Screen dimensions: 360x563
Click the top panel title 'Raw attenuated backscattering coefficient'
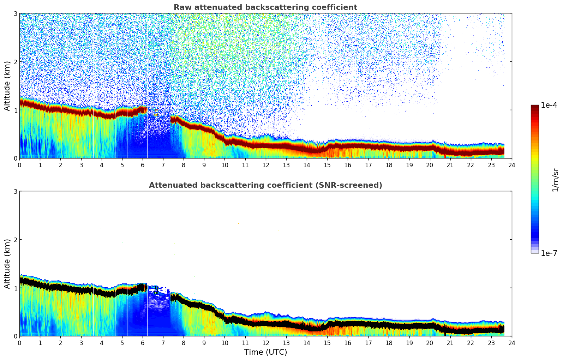pos(265,7)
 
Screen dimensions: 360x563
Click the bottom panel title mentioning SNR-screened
pos(265,185)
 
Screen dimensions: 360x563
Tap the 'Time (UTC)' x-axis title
pos(265,352)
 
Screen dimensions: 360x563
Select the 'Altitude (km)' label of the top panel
pos(7,86)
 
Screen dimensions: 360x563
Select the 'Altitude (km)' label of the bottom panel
pos(7,264)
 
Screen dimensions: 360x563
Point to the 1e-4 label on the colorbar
pos(549,105)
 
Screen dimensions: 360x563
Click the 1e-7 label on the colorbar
pos(549,253)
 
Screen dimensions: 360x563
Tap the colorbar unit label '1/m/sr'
pos(555,180)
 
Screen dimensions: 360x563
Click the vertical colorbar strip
pos(535,179)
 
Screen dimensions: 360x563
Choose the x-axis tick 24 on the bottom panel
pos(512,343)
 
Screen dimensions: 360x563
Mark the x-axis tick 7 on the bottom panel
pos(163,343)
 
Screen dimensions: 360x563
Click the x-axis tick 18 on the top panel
pos(389,165)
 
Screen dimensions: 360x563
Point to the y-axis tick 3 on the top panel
pos(15,13)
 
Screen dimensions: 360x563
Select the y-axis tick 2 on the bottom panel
pos(15,240)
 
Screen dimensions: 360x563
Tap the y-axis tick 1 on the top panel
pos(15,110)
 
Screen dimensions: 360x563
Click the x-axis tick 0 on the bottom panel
pos(19,343)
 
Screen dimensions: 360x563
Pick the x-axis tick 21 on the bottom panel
pos(450,343)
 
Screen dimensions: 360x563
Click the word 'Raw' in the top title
pos(181,7)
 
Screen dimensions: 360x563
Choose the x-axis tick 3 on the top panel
pos(81,165)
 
